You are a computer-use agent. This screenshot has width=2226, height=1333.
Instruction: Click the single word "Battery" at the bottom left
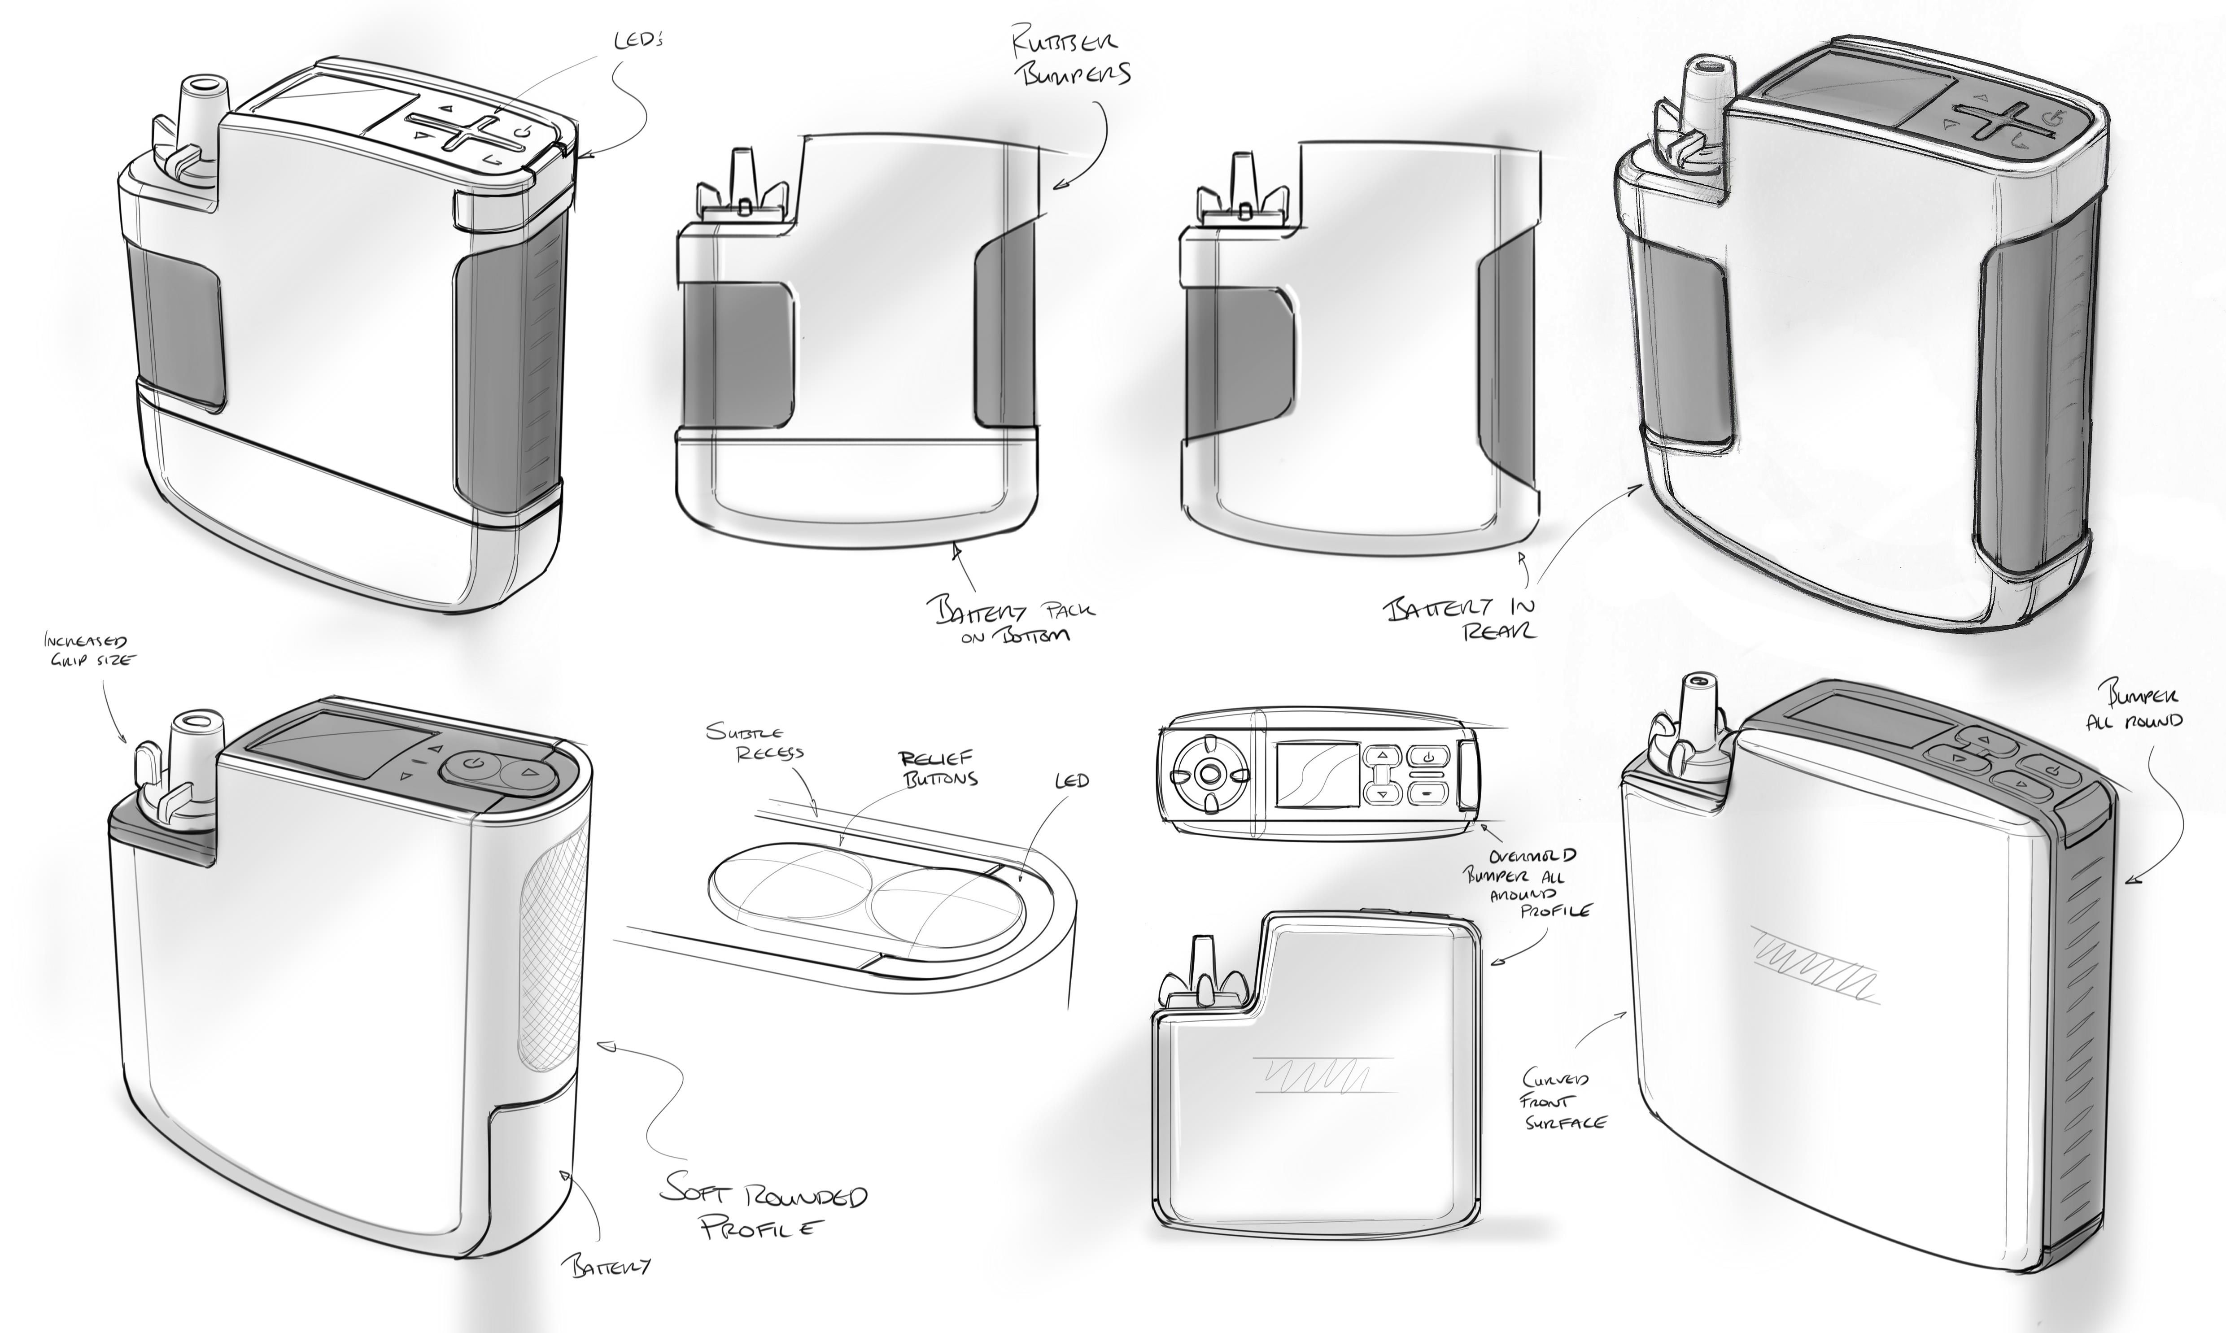coord(607,1267)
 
